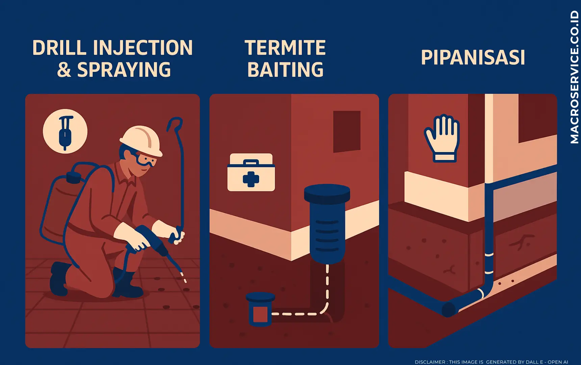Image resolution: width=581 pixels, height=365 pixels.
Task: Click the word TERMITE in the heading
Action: click(x=285, y=48)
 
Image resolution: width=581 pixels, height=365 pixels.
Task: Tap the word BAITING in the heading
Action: click(x=285, y=70)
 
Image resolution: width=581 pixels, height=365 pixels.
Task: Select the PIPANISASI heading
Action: click(x=473, y=57)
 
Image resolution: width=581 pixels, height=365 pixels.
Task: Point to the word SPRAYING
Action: click(x=124, y=70)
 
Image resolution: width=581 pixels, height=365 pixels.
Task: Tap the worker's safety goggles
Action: click(x=146, y=160)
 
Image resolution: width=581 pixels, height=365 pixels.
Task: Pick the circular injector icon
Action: click(x=65, y=131)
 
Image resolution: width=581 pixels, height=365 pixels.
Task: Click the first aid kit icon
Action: click(x=251, y=172)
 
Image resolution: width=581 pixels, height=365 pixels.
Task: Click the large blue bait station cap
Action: click(x=327, y=193)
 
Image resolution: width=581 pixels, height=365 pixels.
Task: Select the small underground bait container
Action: click(x=260, y=309)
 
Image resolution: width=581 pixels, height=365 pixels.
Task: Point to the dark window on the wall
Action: click(x=347, y=131)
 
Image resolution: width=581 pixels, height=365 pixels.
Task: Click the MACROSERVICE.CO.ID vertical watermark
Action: click(x=575, y=77)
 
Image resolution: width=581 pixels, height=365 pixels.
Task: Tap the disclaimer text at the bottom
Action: click(x=491, y=362)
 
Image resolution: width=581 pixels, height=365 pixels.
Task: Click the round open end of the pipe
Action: click(x=449, y=310)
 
